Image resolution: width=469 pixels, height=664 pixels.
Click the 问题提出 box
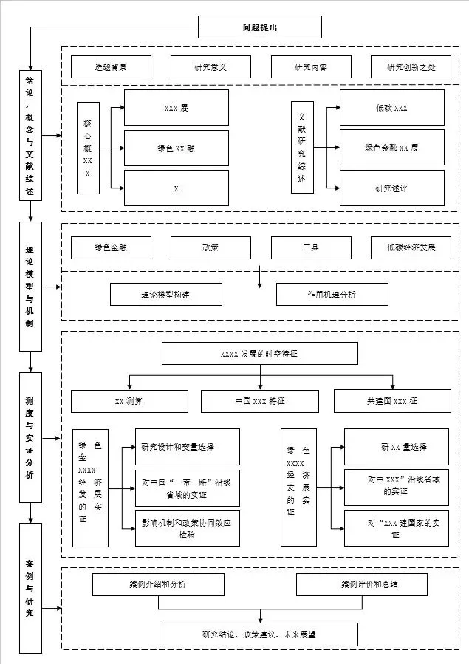click(x=260, y=27)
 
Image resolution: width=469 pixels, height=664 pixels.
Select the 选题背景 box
click(x=111, y=67)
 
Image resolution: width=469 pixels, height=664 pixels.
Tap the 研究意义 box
click(x=210, y=67)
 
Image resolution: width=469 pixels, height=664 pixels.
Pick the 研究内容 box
click(x=311, y=67)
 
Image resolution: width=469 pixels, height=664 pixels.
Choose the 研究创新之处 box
click(x=411, y=67)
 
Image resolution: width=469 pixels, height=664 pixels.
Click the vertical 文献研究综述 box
click(x=301, y=148)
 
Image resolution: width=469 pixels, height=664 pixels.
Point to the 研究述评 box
click(x=391, y=188)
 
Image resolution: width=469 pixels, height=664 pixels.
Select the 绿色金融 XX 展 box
click(x=391, y=148)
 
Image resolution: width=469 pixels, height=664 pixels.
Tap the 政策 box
click(x=210, y=247)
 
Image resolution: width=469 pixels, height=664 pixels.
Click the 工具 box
click(x=311, y=247)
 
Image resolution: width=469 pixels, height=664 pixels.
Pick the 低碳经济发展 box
click(x=411, y=247)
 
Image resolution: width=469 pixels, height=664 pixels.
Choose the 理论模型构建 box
click(x=165, y=294)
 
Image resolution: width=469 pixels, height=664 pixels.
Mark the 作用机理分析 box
click(x=332, y=294)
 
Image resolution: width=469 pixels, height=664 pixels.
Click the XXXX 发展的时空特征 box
click(x=259, y=354)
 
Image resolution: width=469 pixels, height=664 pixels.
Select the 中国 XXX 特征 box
click(x=259, y=401)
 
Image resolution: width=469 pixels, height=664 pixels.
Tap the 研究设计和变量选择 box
click(x=187, y=447)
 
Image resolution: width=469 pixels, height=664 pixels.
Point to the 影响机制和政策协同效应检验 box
click(x=187, y=528)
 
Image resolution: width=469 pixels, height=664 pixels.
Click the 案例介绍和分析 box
click(x=157, y=584)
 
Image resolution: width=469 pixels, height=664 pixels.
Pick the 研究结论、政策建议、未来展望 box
click(x=259, y=634)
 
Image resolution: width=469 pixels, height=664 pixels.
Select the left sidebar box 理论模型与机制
click(x=30, y=286)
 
